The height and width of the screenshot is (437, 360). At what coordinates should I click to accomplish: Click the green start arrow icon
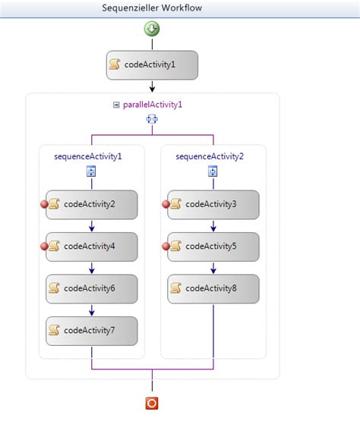click(152, 29)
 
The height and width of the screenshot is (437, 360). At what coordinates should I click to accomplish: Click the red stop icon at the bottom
click(152, 403)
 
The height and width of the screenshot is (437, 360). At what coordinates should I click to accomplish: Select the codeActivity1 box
click(152, 64)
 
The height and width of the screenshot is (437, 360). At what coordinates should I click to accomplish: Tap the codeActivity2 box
click(91, 203)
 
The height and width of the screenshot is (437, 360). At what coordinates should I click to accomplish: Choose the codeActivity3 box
click(213, 203)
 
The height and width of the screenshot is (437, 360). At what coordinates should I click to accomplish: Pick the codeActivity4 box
click(91, 246)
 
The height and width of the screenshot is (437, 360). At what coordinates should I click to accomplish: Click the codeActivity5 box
click(213, 246)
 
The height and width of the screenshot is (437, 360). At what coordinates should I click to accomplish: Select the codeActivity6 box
click(91, 288)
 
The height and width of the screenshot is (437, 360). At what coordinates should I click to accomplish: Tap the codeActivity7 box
click(91, 330)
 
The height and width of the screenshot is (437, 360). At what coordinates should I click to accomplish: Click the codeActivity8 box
click(213, 288)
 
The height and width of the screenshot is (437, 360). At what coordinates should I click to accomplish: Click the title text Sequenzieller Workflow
click(152, 8)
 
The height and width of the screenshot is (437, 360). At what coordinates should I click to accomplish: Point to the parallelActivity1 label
click(153, 105)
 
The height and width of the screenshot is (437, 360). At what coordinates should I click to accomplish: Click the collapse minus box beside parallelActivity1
click(116, 105)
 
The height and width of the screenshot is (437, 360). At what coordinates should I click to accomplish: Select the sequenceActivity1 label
click(88, 156)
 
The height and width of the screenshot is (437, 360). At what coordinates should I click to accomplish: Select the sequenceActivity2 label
click(210, 156)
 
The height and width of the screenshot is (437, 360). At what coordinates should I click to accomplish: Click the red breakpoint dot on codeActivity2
click(45, 203)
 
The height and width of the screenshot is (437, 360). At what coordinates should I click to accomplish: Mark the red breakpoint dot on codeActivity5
click(166, 246)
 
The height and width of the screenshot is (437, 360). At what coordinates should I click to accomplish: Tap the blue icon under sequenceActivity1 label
click(91, 172)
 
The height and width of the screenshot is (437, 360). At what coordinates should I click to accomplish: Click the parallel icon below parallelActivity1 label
click(152, 120)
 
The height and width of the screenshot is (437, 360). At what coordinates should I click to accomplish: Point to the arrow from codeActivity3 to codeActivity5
click(213, 225)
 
